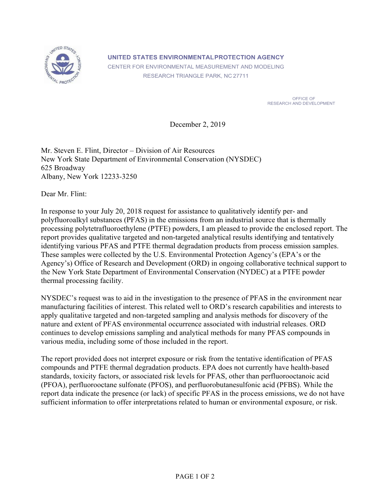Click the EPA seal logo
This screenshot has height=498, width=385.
point(63,65)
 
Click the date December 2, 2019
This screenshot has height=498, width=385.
point(197,124)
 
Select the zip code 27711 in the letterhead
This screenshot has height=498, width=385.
point(241,76)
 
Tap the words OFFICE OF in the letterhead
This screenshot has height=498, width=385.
point(303,98)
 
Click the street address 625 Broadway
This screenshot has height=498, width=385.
point(63,168)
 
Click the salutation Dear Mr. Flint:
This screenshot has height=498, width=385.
point(64,194)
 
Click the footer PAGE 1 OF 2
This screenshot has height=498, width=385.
point(195,476)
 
